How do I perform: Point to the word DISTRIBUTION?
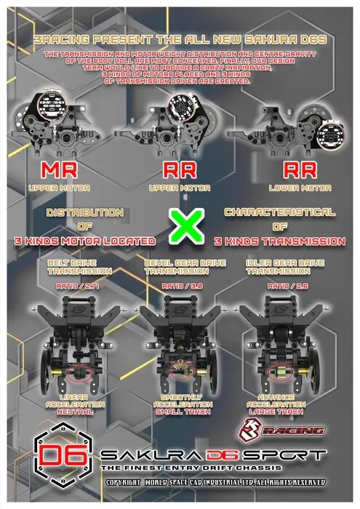(84, 212)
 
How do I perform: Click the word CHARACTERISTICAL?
(280, 212)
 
